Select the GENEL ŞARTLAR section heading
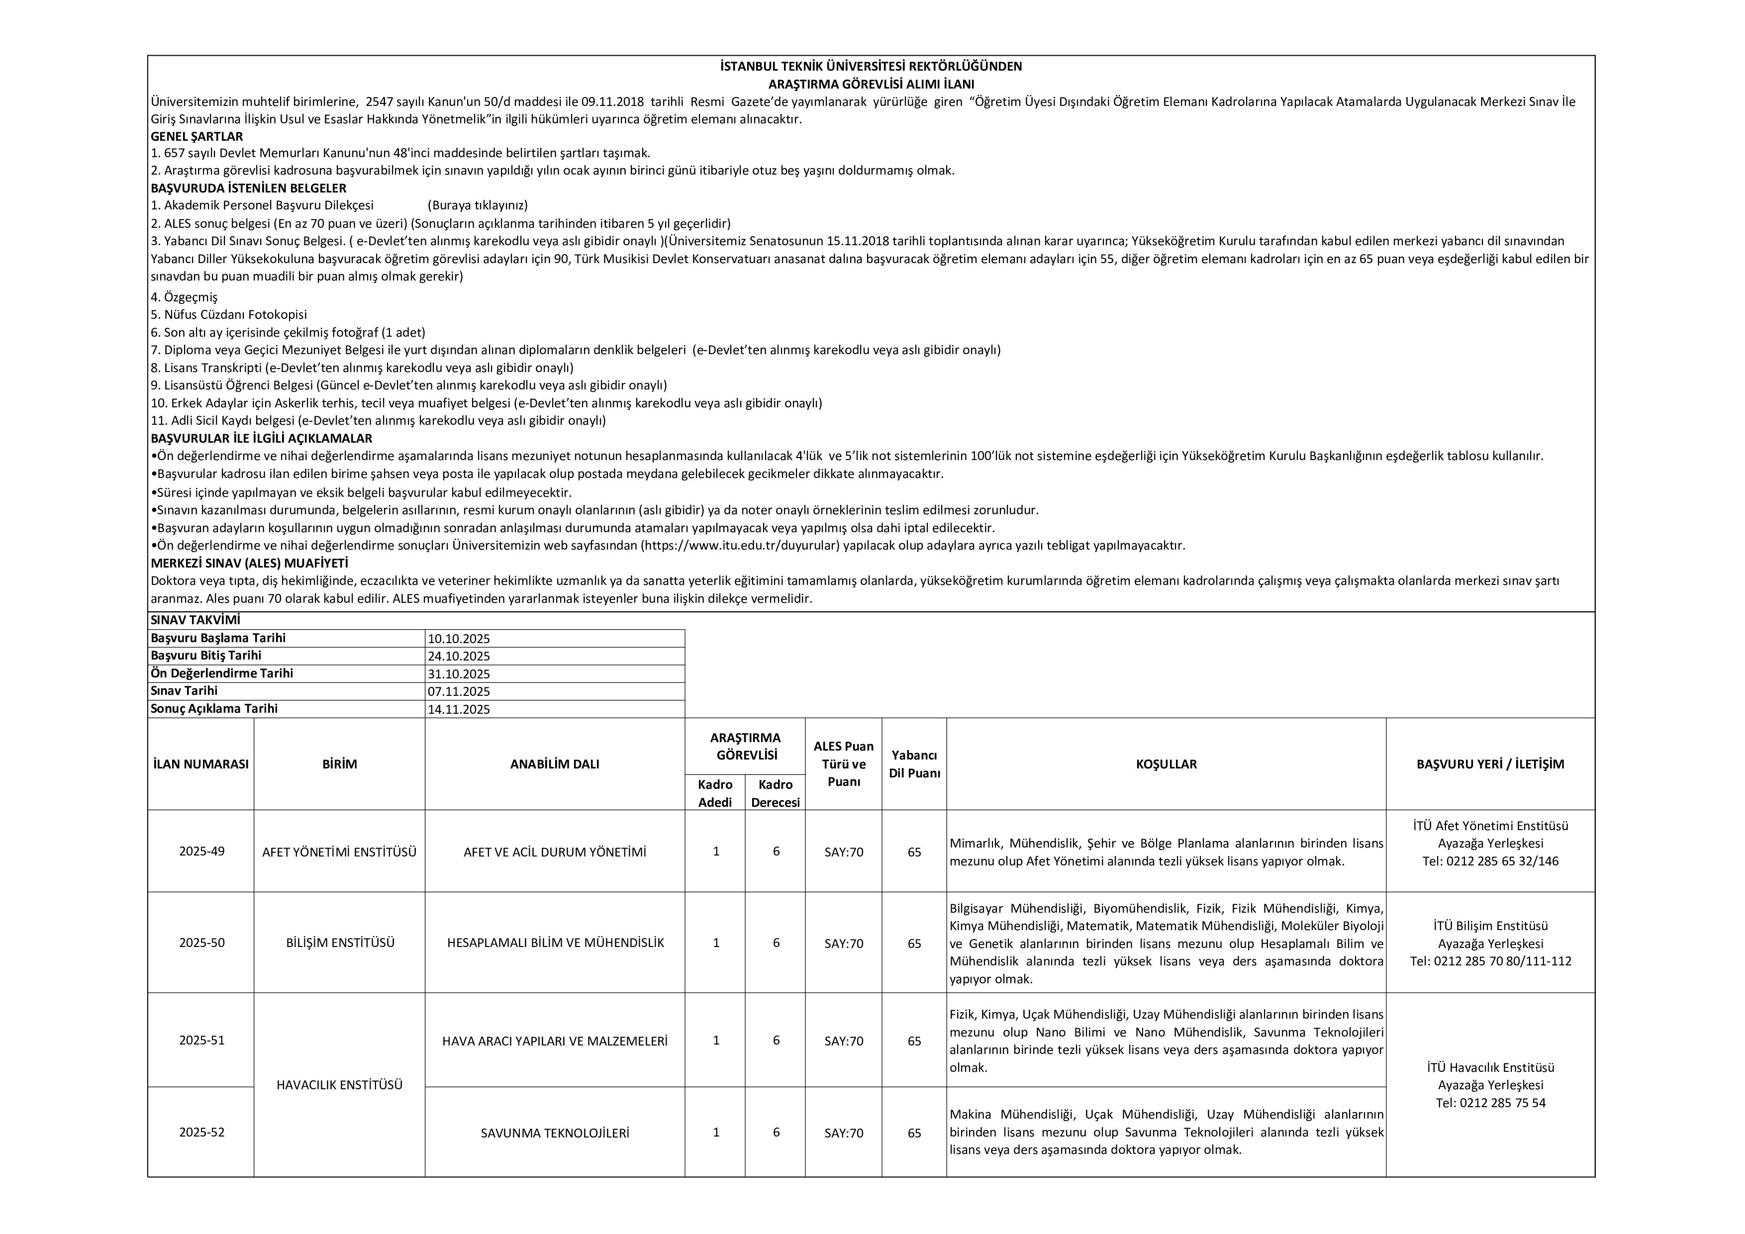(197, 137)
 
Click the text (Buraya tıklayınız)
(478, 205)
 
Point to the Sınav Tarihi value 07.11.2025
(459, 691)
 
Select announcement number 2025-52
(201, 1132)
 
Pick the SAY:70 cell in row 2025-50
(844, 944)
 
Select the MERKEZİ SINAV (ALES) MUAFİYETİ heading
(249, 563)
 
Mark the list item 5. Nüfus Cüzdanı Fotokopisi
(229, 314)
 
